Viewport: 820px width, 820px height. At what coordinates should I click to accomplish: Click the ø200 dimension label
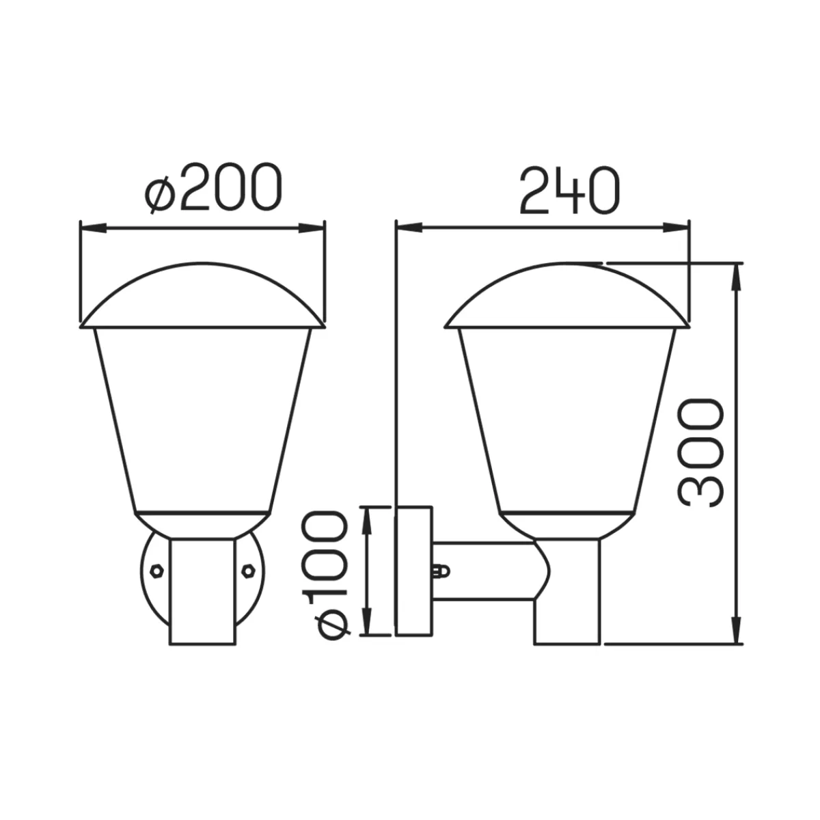[x=213, y=188]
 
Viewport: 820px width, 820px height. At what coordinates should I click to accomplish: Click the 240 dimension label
[x=570, y=189]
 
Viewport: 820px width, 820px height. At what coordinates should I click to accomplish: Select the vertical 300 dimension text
[x=700, y=453]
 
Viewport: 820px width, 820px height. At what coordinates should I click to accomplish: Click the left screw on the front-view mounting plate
[x=157, y=571]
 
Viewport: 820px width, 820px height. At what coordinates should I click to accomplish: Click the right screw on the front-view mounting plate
[x=247, y=571]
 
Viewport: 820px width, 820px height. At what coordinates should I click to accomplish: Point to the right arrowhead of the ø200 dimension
[x=313, y=228]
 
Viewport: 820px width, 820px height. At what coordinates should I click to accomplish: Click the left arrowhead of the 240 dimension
[x=409, y=228]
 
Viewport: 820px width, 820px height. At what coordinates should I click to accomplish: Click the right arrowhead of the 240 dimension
[x=676, y=228]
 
